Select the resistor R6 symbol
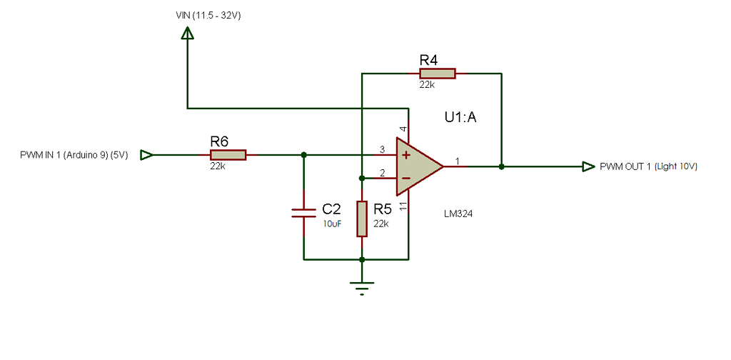click(x=228, y=154)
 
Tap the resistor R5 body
click(x=362, y=219)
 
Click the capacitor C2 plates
click(x=304, y=211)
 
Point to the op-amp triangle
click(x=418, y=166)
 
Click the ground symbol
click(x=363, y=287)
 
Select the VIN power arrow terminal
click(x=187, y=33)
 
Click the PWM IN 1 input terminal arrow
click(x=146, y=155)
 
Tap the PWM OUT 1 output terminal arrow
click(x=588, y=166)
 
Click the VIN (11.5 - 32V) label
click(x=208, y=15)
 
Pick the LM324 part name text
click(x=458, y=213)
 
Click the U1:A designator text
click(x=460, y=118)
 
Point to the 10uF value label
click(x=332, y=224)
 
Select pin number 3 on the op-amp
click(x=382, y=149)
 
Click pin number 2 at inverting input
click(x=382, y=172)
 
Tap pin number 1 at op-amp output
click(x=457, y=161)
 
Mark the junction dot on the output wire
click(x=502, y=166)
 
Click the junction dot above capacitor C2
click(x=304, y=155)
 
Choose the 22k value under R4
click(x=427, y=84)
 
